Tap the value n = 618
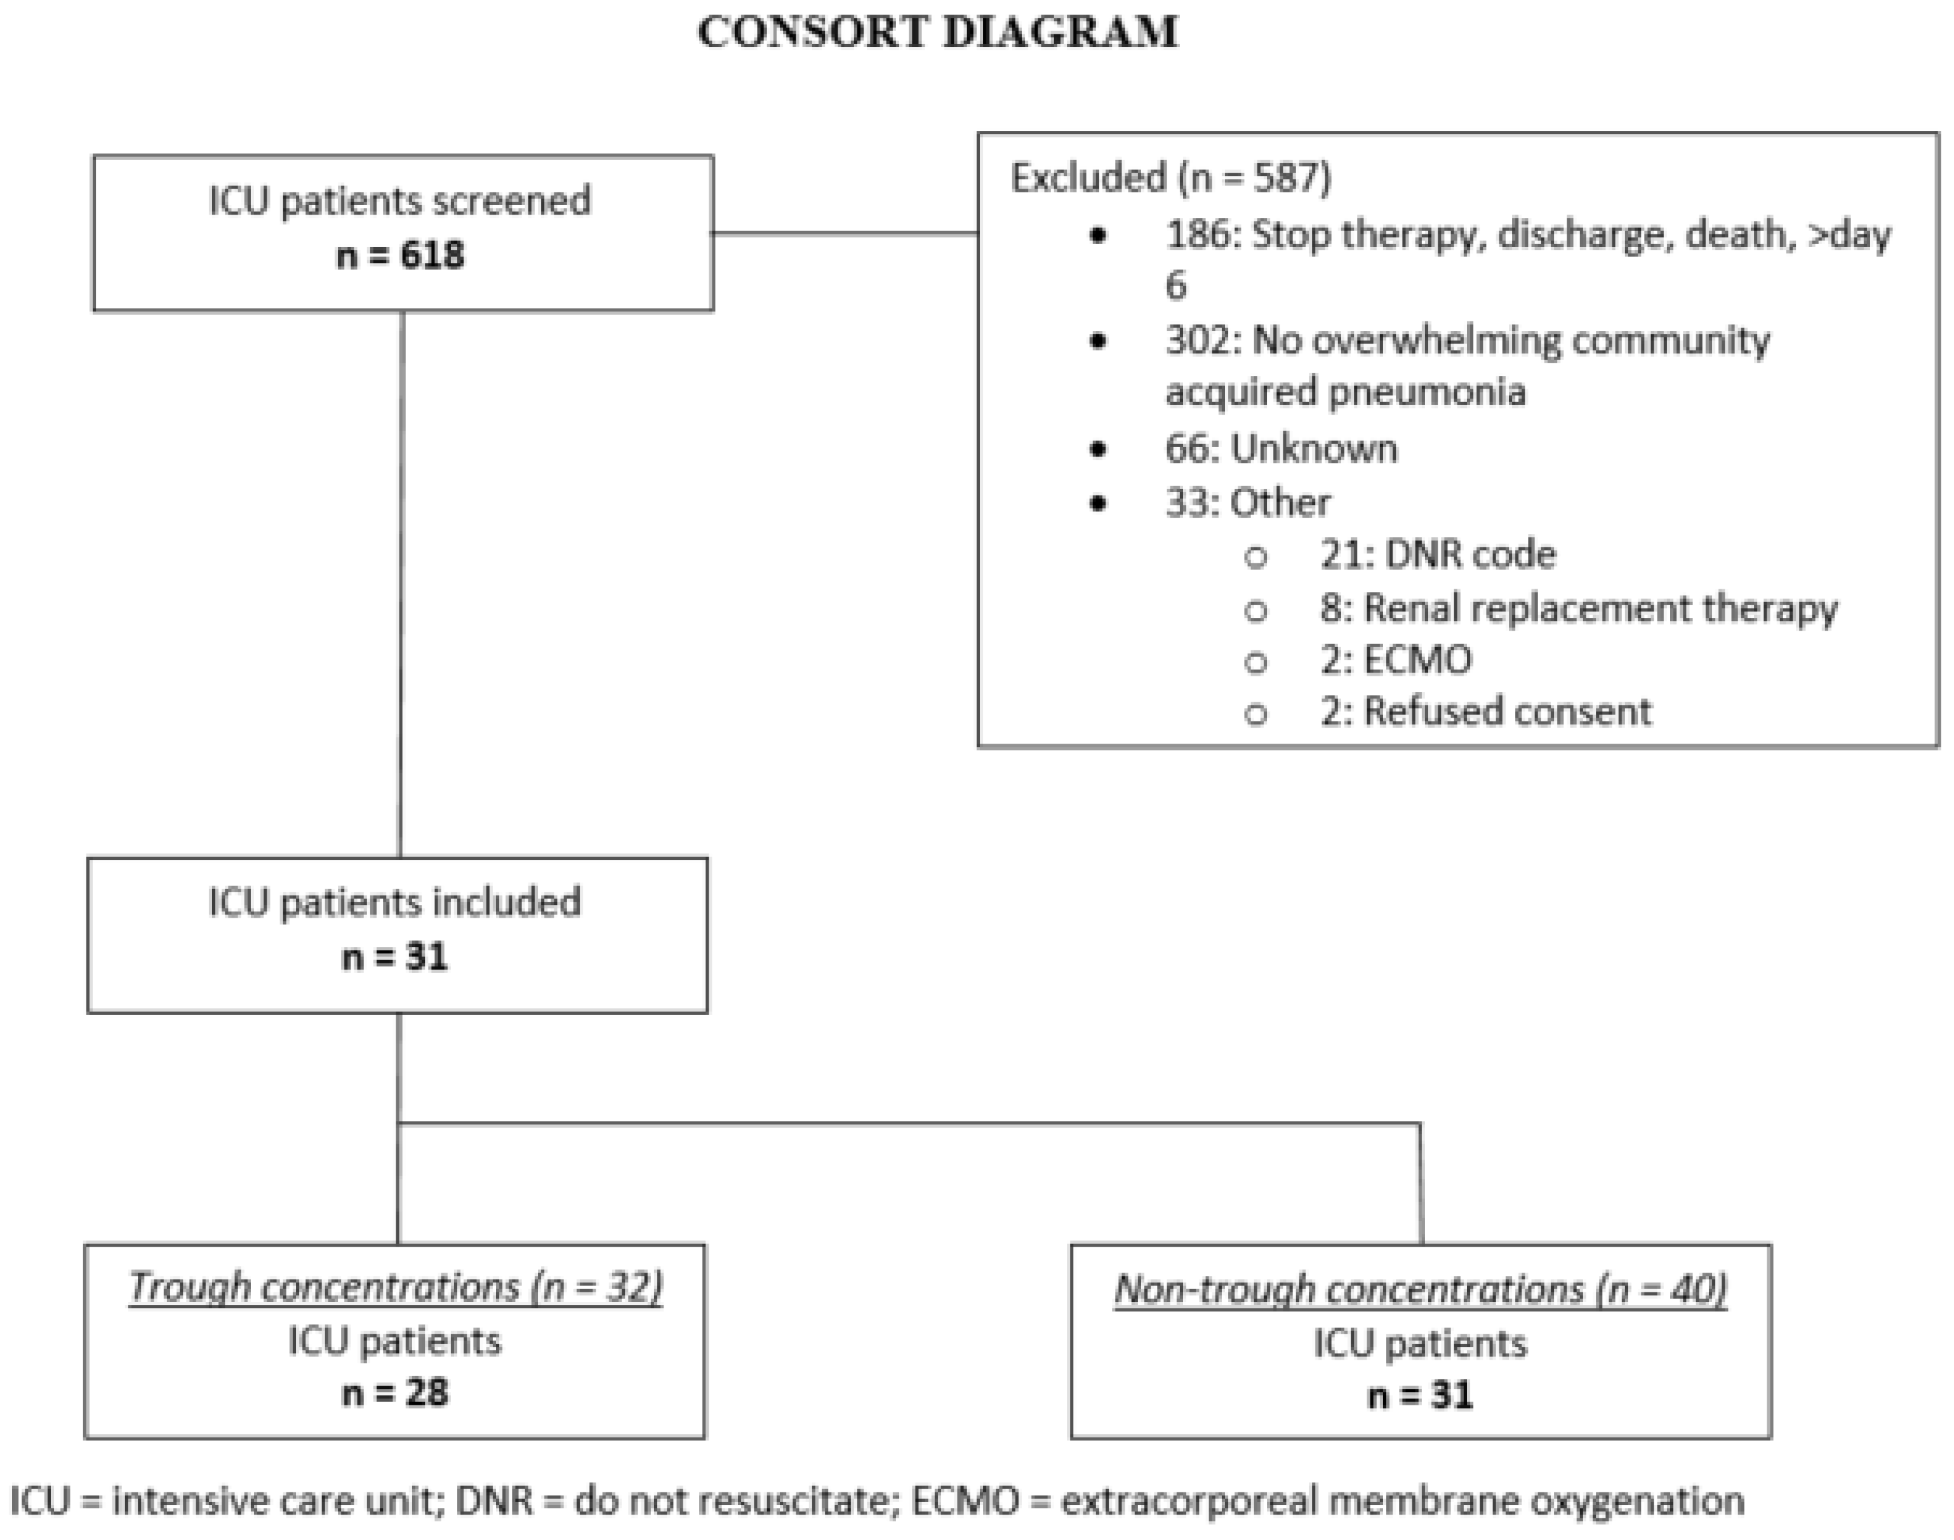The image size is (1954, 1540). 399,256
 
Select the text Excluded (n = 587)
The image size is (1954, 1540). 1170,178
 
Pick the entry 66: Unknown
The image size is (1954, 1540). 1281,448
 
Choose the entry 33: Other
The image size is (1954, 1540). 1248,502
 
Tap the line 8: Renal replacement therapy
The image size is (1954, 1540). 1578,608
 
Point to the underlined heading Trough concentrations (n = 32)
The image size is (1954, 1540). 395,1287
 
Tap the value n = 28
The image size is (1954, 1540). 395,1394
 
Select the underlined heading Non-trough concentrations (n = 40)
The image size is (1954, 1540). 1420,1289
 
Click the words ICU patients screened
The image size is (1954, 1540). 399,200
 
